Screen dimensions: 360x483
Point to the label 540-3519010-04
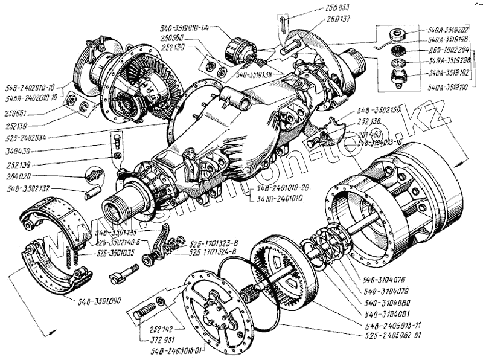point(185,28)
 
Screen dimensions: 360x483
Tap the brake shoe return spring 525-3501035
point(71,258)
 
